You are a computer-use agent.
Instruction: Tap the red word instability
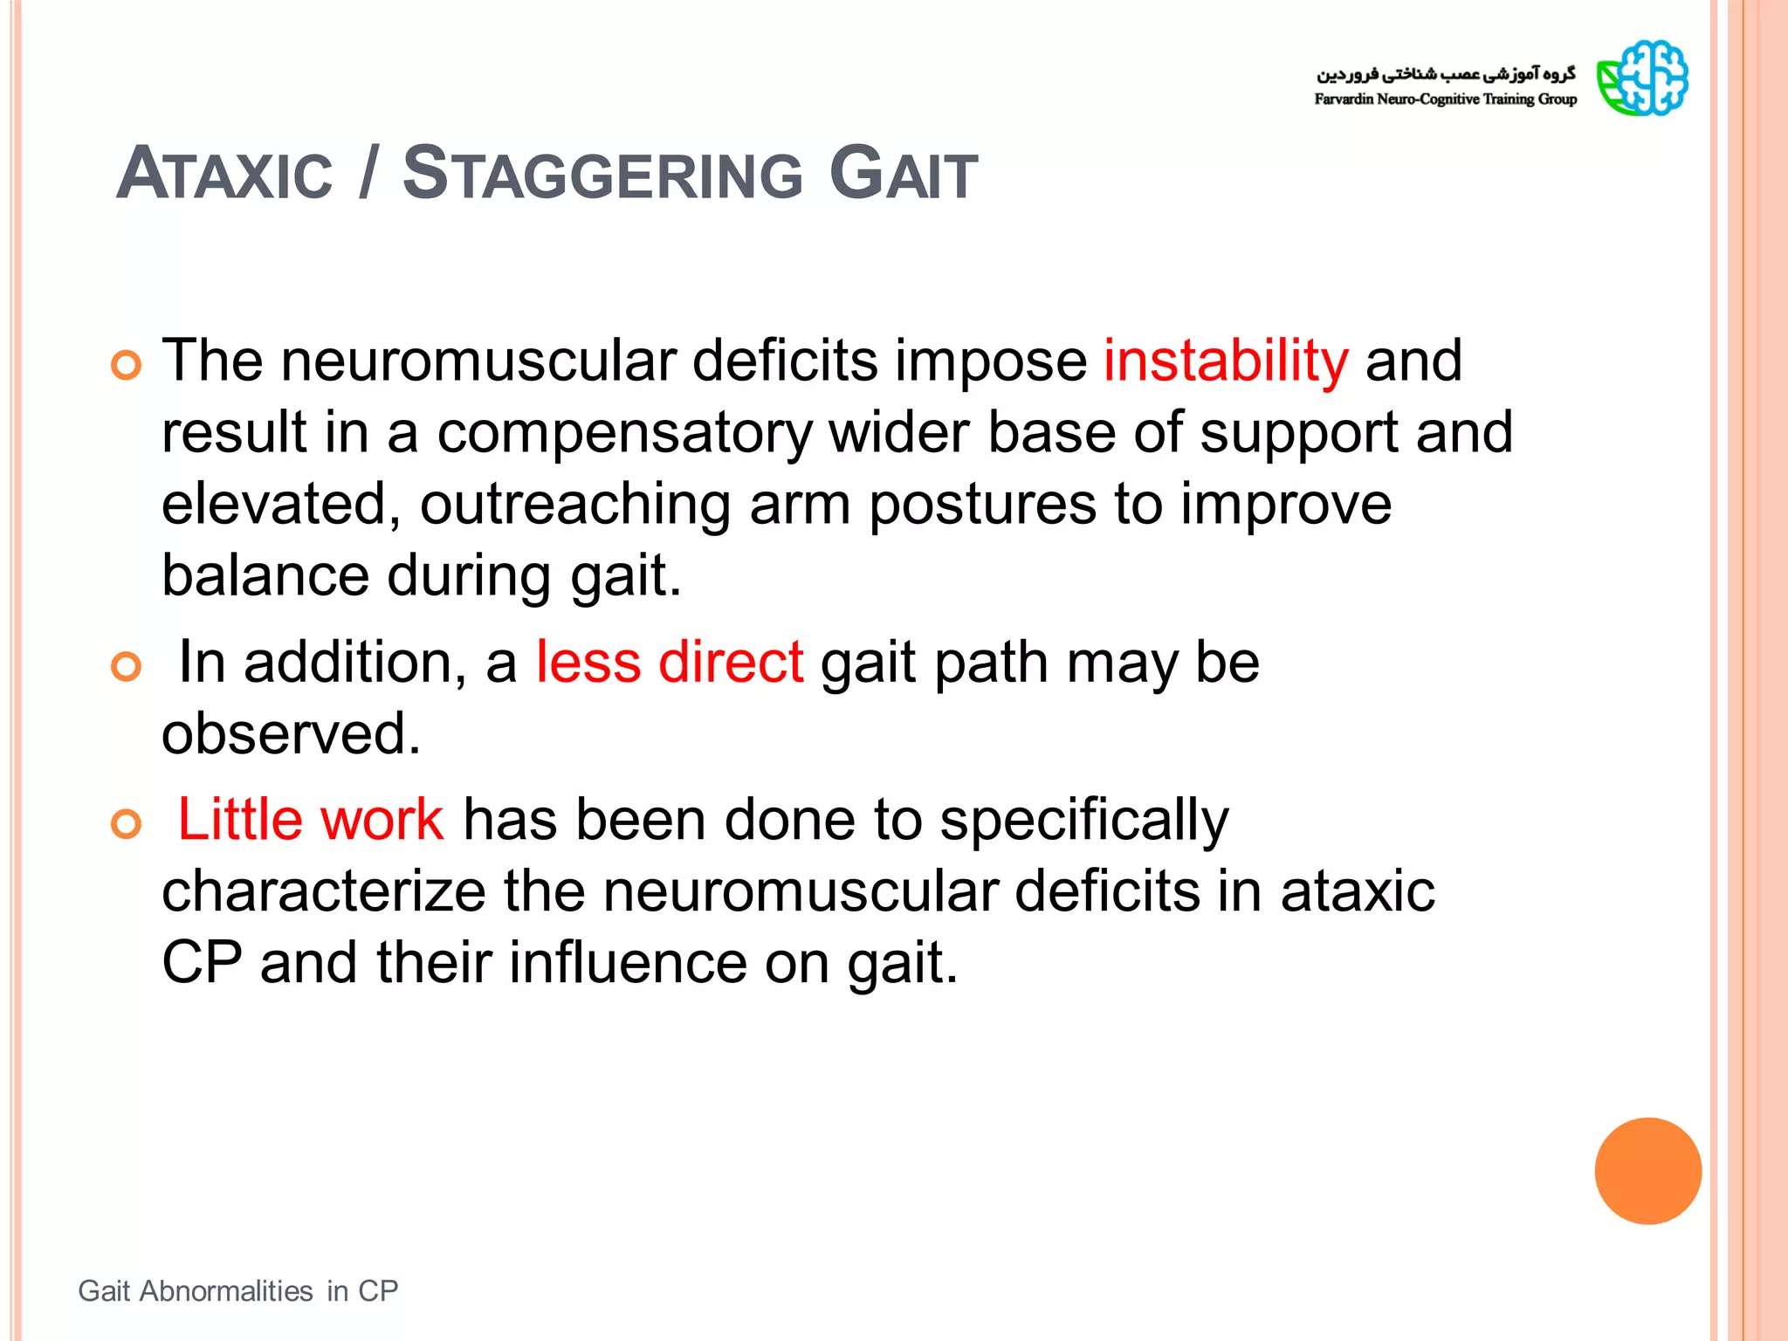(1226, 361)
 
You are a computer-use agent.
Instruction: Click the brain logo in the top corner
(1642, 79)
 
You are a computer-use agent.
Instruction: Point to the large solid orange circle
(1647, 1171)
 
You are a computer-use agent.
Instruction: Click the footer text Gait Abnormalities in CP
(238, 1290)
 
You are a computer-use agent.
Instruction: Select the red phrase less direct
(670, 662)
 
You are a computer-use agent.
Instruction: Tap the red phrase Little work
(311, 820)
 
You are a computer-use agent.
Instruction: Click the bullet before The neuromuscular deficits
(127, 365)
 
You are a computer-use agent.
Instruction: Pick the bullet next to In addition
(127, 667)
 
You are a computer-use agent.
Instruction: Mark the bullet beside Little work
(127, 824)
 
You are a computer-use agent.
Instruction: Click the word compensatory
(624, 433)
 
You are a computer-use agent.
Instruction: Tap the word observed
(291, 733)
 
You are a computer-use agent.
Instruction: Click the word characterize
(324, 891)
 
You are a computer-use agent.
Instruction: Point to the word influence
(629, 962)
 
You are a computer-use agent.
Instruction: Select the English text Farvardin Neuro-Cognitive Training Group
(1445, 100)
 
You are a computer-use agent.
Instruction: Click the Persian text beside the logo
(1446, 73)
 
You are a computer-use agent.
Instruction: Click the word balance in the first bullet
(265, 576)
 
